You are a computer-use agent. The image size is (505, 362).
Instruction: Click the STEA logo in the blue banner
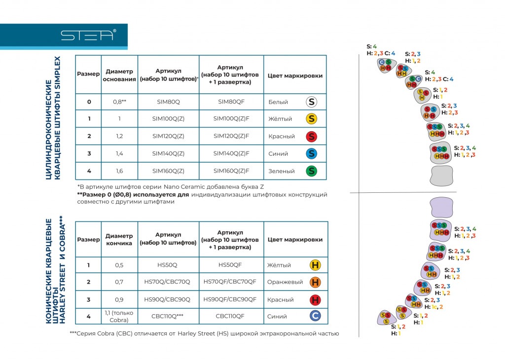click(x=88, y=36)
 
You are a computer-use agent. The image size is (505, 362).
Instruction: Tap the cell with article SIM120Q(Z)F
click(x=231, y=136)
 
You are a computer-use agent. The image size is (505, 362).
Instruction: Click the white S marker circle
click(x=311, y=102)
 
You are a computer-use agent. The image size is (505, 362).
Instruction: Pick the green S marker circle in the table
click(x=311, y=171)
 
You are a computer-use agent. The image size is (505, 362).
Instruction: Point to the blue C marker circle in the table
click(x=315, y=317)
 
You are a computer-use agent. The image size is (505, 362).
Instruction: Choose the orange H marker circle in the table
click(x=315, y=282)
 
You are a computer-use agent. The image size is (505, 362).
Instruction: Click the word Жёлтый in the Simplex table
click(x=280, y=119)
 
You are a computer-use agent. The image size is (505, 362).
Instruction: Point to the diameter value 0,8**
click(x=120, y=102)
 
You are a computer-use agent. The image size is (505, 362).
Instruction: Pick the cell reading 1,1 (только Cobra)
click(x=119, y=317)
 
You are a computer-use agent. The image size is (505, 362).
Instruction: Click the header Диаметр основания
click(x=119, y=75)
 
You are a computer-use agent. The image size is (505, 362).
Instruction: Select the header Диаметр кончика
click(x=119, y=240)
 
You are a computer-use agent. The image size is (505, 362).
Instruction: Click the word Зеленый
click(x=282, y=171)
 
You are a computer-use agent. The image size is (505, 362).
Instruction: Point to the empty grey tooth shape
click(x=442, y=175)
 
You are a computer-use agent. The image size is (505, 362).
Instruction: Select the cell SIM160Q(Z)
click(x=168, y=171)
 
